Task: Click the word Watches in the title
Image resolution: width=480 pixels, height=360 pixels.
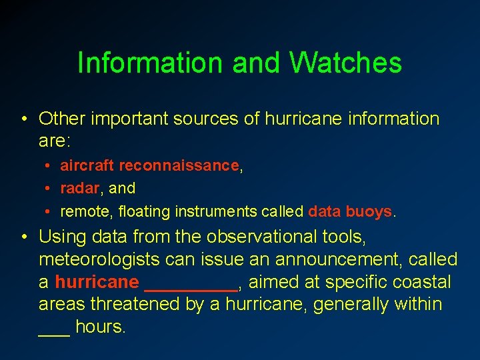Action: coord(345,63)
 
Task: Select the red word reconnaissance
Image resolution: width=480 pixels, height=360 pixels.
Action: coord(179,165)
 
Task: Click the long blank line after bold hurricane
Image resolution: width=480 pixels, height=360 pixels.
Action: coord(191,288)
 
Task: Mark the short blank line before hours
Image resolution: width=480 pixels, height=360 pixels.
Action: coord(54,333)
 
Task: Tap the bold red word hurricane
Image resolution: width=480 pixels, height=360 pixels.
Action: coord(97,282)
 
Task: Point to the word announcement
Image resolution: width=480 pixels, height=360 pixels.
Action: coord(334,259)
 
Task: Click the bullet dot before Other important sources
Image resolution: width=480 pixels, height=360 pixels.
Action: coord(23,120)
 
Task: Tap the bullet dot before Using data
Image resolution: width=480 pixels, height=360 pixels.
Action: coord(23,237)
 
